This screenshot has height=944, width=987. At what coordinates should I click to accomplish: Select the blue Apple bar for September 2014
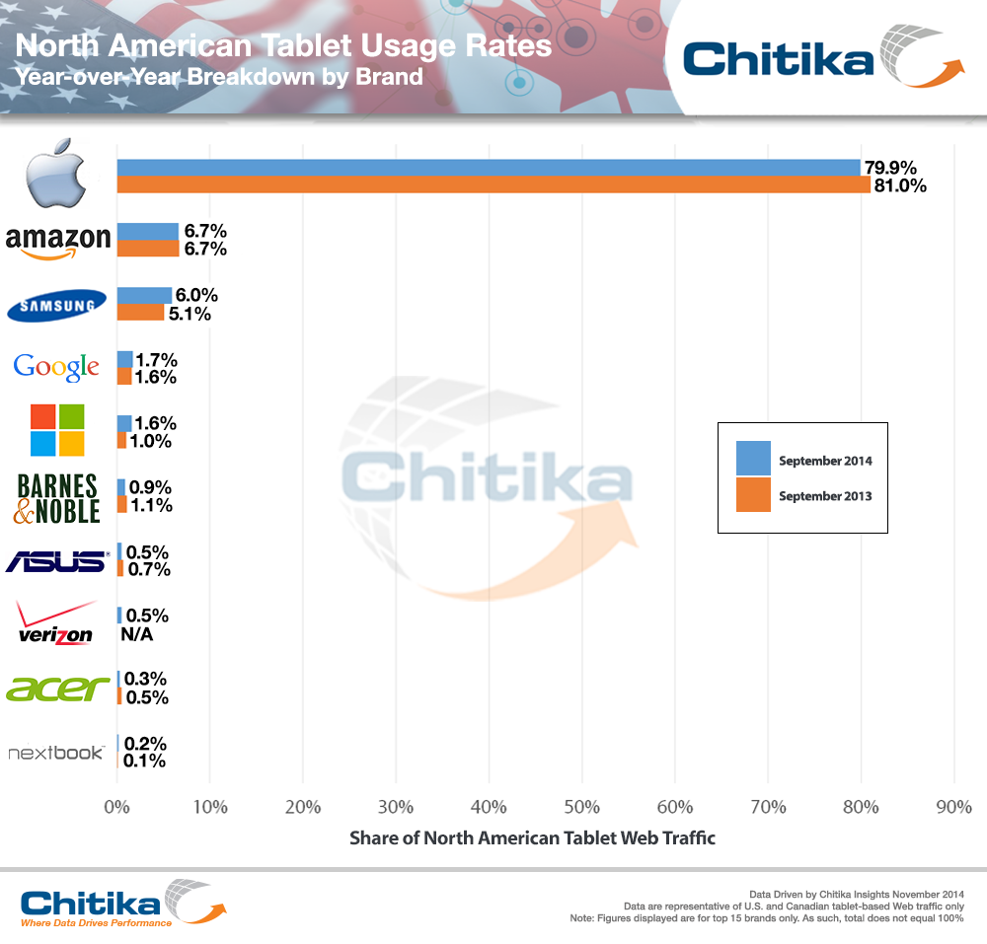[x=489, y=168]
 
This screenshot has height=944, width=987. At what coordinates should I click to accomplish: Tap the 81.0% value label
[x=899, y=185]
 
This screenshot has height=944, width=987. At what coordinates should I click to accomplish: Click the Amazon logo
[x=57, y=241]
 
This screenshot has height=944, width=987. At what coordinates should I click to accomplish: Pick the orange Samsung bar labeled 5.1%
[x=140, y=313]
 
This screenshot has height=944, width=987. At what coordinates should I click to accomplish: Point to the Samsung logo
[x=57, y=305]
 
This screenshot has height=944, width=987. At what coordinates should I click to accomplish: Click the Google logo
[x=56, y=368]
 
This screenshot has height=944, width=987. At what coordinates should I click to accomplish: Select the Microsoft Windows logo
[x=57, y=430]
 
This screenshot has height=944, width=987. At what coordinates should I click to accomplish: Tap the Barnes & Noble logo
[x=57, y=497]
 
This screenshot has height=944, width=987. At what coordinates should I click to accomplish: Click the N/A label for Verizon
[x=136, y=633]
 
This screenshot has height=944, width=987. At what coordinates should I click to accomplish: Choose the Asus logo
[x=56, y=561]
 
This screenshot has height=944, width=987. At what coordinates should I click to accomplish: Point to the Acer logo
[x=57, y=689]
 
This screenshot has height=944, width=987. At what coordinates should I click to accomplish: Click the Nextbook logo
[x=56, y=753]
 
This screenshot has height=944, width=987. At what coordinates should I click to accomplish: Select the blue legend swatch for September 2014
[x=753, y=460]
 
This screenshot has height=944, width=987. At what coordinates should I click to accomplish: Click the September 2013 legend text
[x=825, y=496]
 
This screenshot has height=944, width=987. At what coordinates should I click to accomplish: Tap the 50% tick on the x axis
[x=581, y=807]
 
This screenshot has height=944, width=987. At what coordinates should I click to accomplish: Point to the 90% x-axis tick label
[x=953, y=807]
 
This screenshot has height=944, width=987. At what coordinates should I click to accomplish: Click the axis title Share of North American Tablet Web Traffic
[x=532, y=838]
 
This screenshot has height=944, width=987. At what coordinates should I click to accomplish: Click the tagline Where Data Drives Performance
[x=96, y=923]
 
